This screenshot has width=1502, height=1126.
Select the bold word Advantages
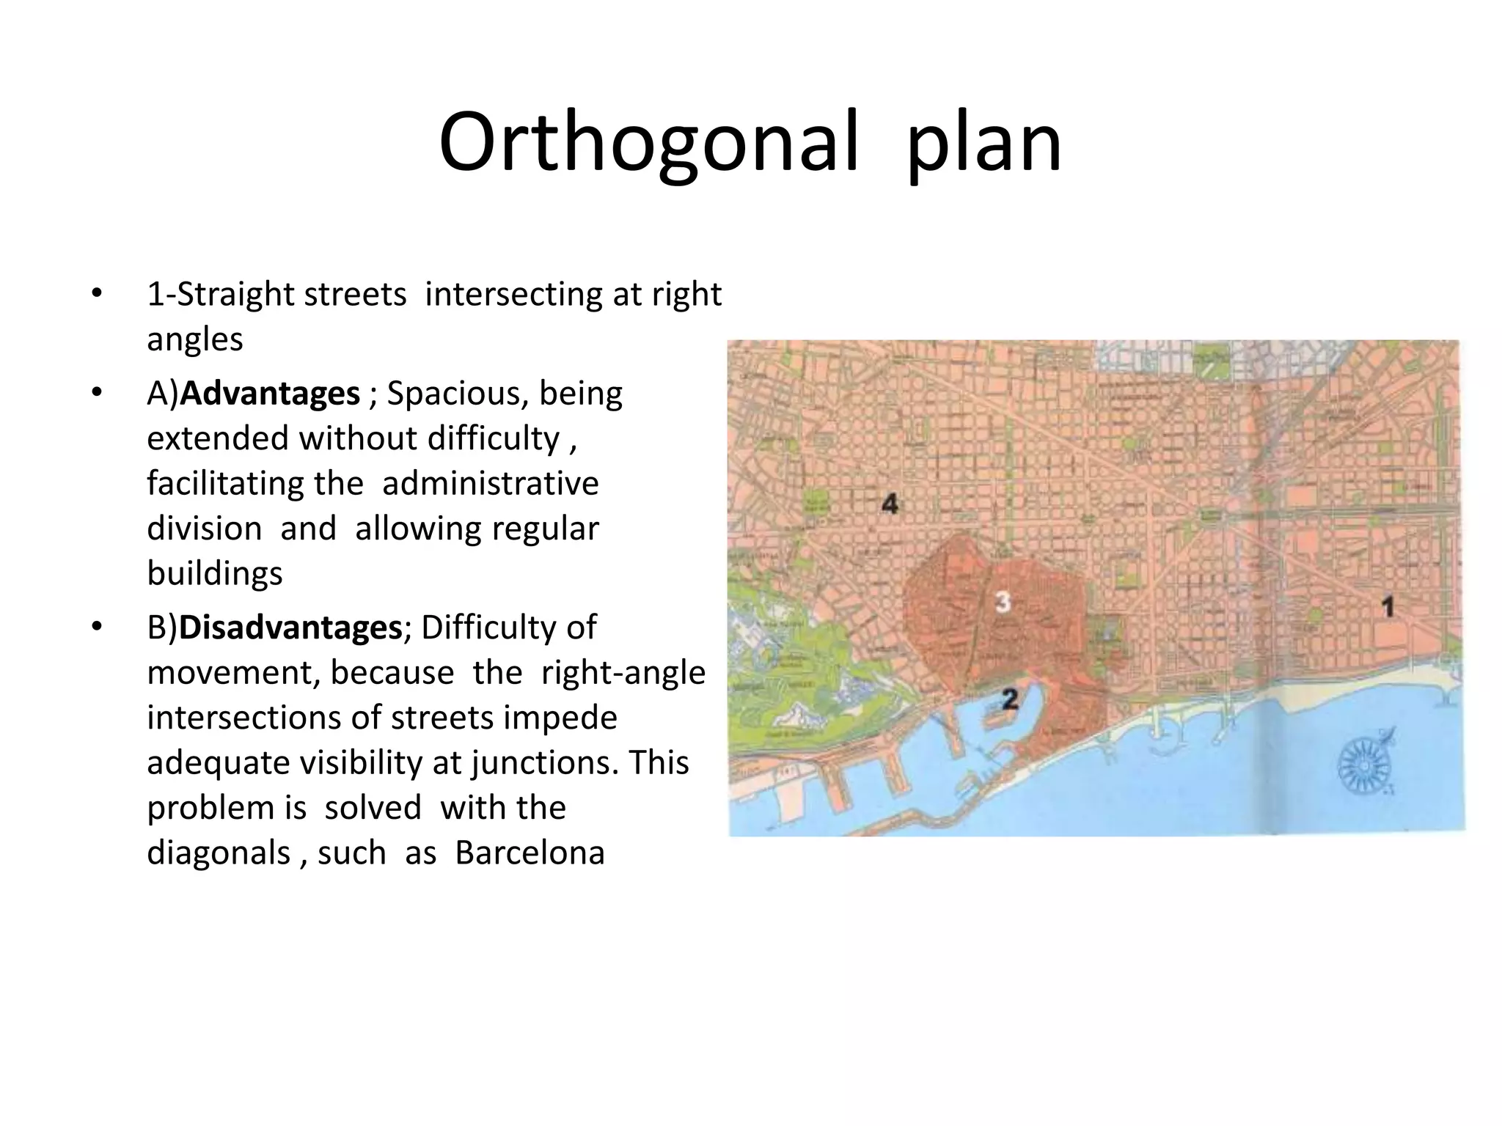coord(270,394)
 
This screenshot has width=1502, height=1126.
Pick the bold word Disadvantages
coord(290,628)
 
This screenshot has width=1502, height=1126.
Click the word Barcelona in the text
coord(530,853)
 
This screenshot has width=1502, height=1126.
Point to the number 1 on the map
coord(1387,607)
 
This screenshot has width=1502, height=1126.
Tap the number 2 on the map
coord(1010,699)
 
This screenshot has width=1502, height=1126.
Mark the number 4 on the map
coord(890,504)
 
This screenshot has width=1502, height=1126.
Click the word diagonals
coord(219,853)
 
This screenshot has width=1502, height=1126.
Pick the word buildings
coord(214,573)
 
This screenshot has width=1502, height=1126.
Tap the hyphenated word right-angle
coord(623,673)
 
